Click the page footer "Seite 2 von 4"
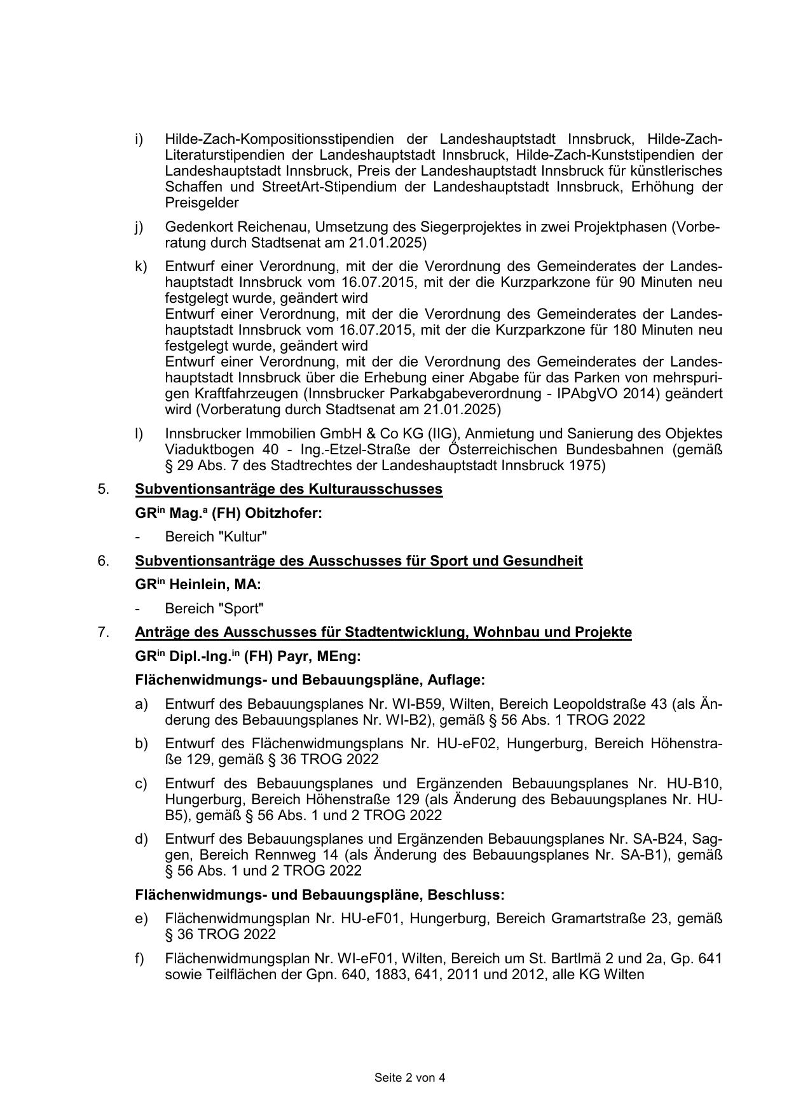(409, 1077)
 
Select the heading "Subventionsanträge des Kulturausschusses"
(289, 489)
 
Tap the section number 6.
(103, 561)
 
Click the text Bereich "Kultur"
(216, 536)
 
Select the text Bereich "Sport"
(214, 608)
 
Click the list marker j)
(139, 227)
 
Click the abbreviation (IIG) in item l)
(444, 434)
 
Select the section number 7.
(103, 632)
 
